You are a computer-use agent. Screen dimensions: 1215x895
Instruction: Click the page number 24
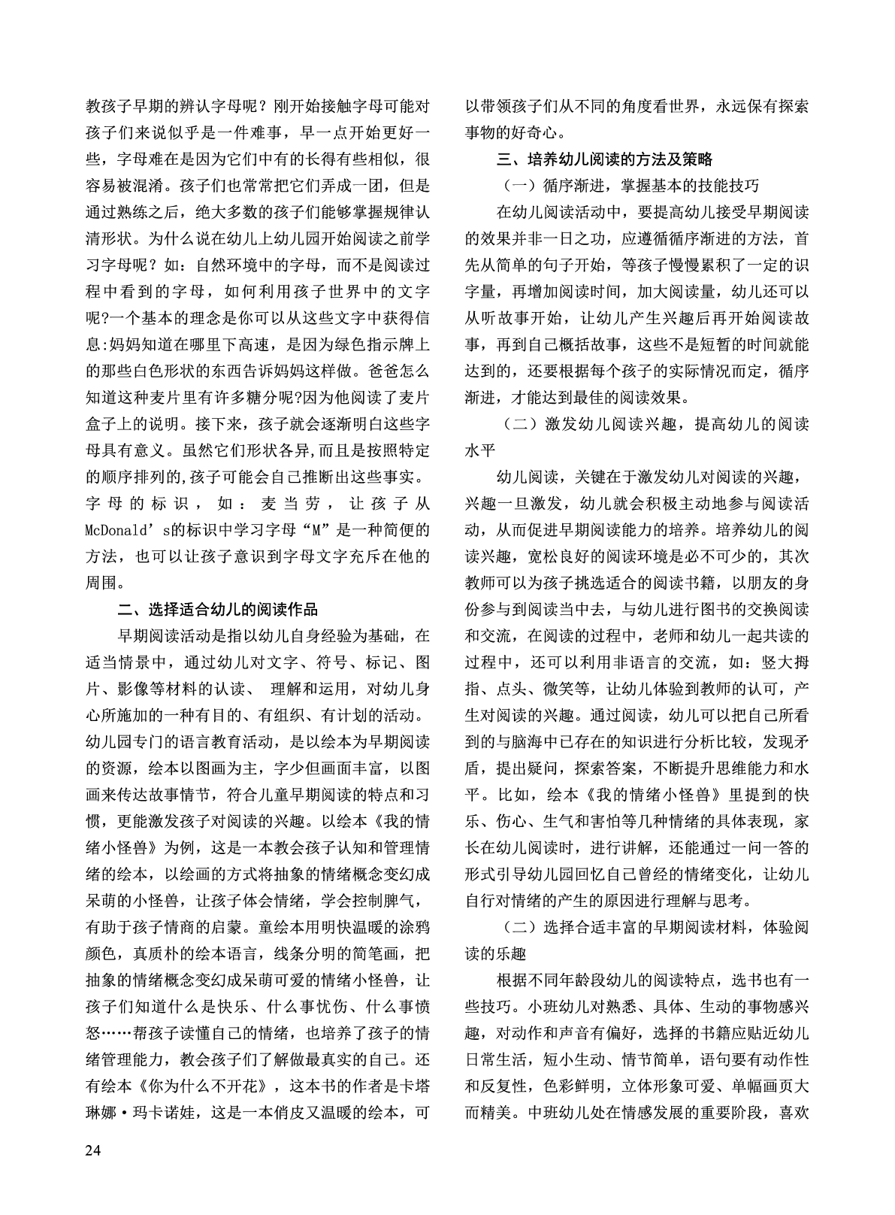(93, 1151)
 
